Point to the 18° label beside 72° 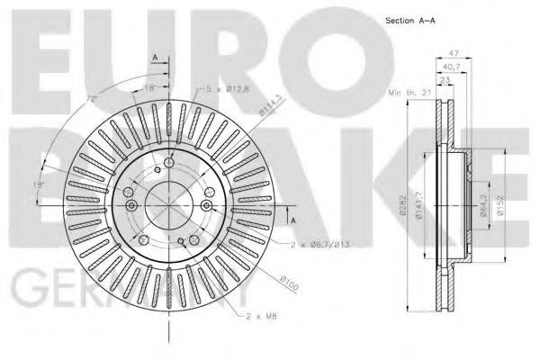coord(149,87)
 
